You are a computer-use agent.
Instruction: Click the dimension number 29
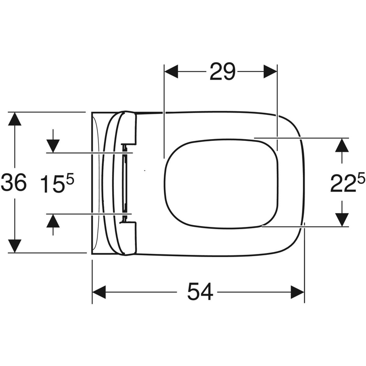[222, 71]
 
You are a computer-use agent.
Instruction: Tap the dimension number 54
[200, 291]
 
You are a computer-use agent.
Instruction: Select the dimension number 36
[14, 182]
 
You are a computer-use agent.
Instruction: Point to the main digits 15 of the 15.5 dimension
[52, 184]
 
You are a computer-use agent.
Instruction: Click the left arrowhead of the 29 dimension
[171, 71]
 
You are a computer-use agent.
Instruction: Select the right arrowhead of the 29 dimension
[270, 71]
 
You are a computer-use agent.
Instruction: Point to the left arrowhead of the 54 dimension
[99, 292]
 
